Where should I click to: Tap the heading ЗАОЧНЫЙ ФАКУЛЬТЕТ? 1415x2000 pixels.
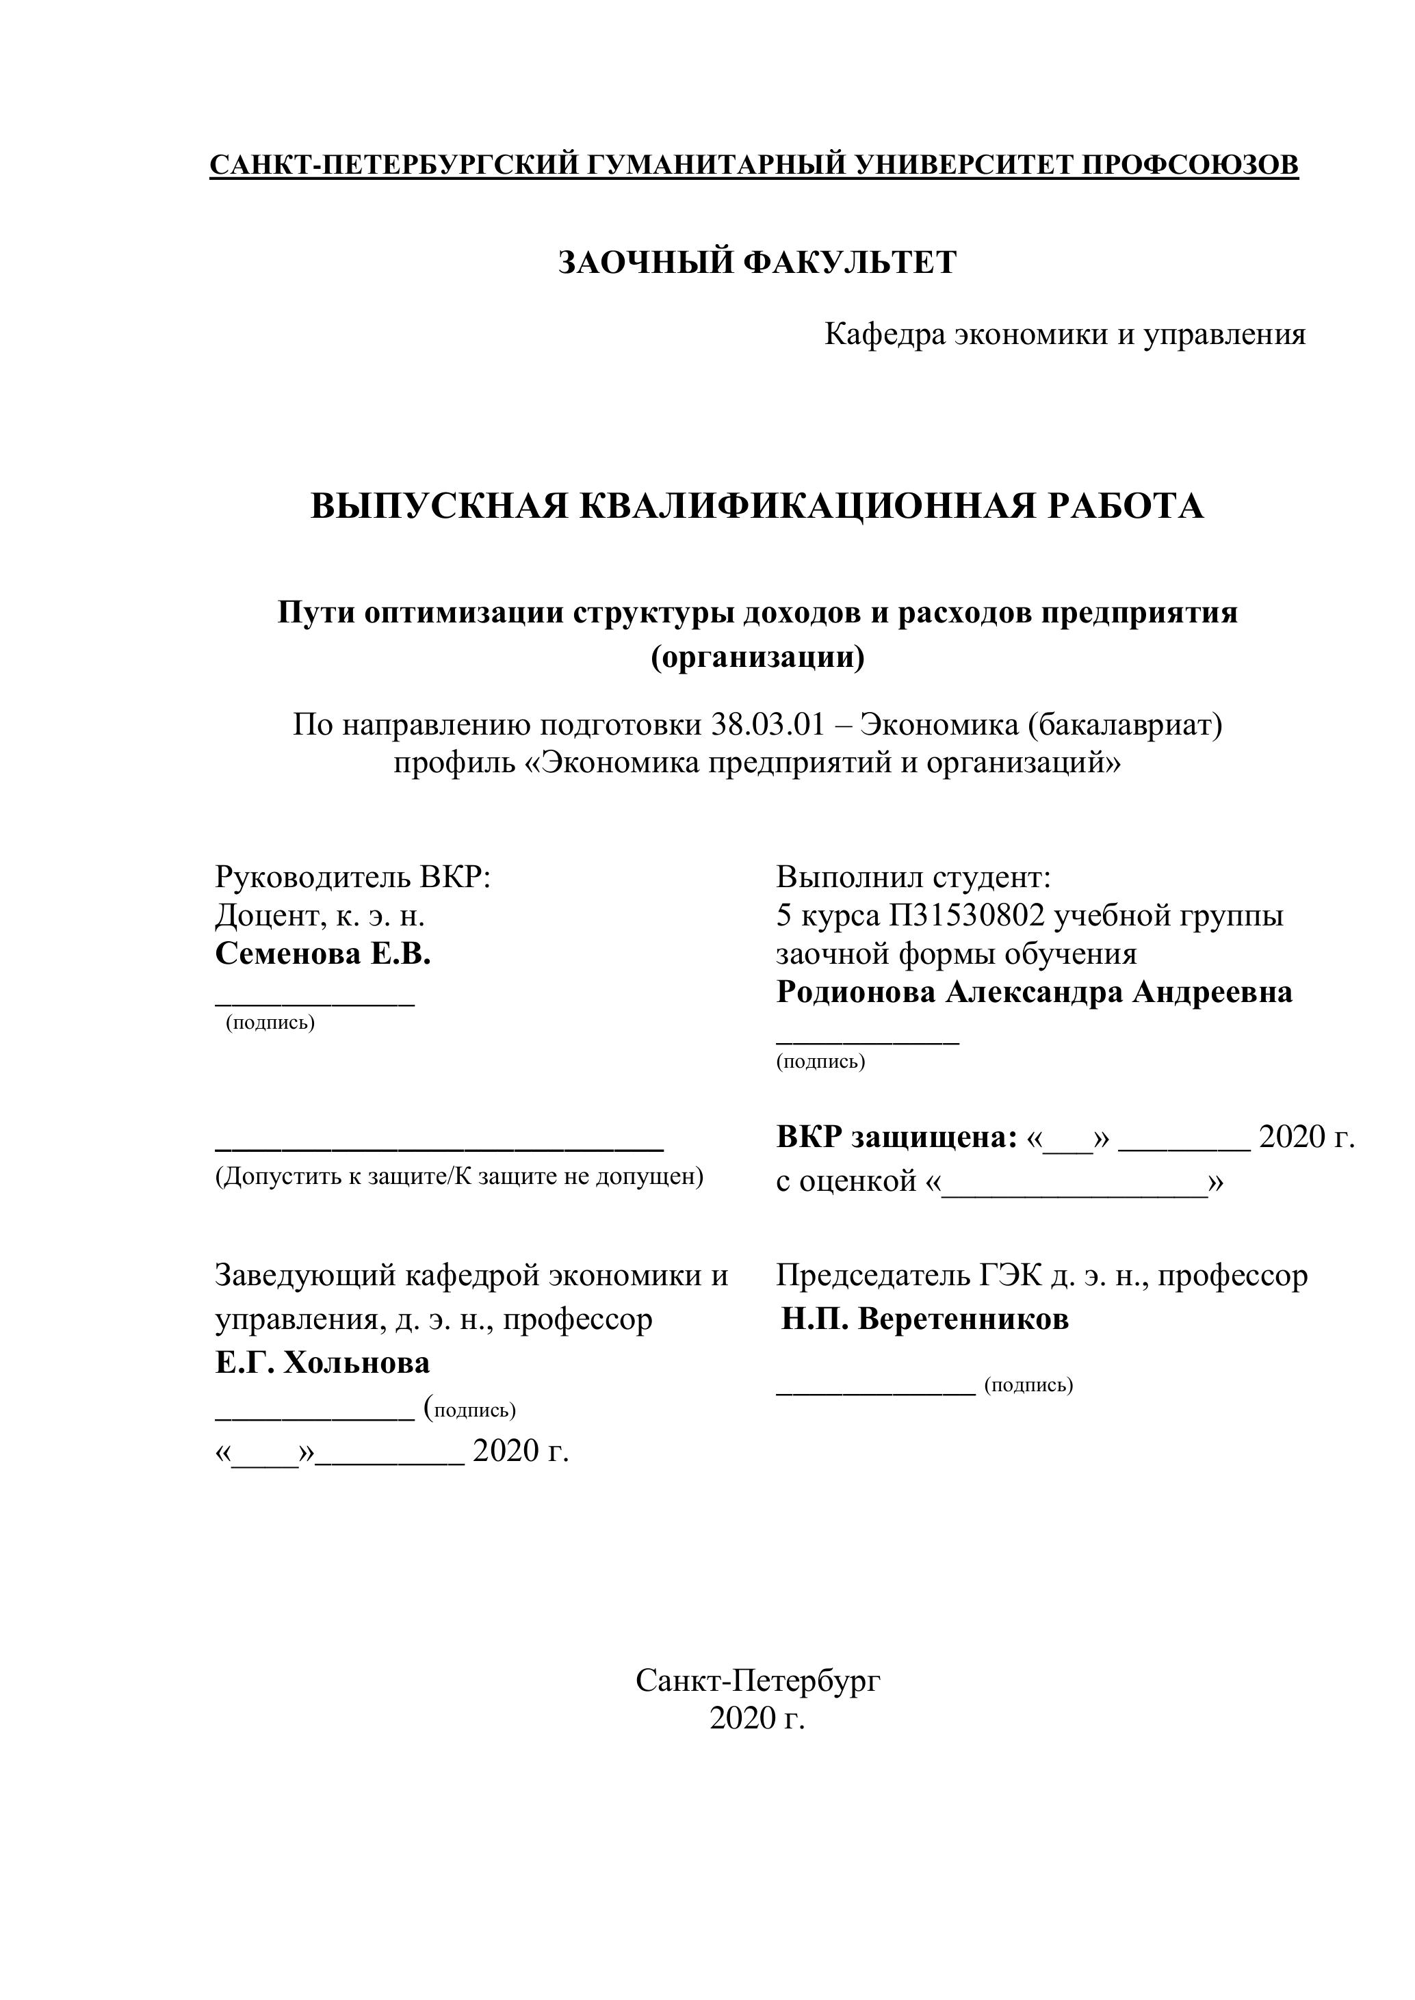coord(757,262)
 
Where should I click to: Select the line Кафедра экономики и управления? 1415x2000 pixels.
coord(1065,334)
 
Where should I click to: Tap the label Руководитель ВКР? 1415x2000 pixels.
coord(353,876)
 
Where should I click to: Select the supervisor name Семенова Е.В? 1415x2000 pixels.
coord(323,954)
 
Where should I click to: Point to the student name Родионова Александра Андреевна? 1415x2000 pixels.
coord(1035,992)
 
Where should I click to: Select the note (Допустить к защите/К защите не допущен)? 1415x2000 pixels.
coord(459,1178)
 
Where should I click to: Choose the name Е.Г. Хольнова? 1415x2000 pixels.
coord(322,1363)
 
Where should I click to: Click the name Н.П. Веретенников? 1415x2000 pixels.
coord(924,1319)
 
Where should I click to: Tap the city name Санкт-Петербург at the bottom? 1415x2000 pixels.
coord(757,1681)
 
